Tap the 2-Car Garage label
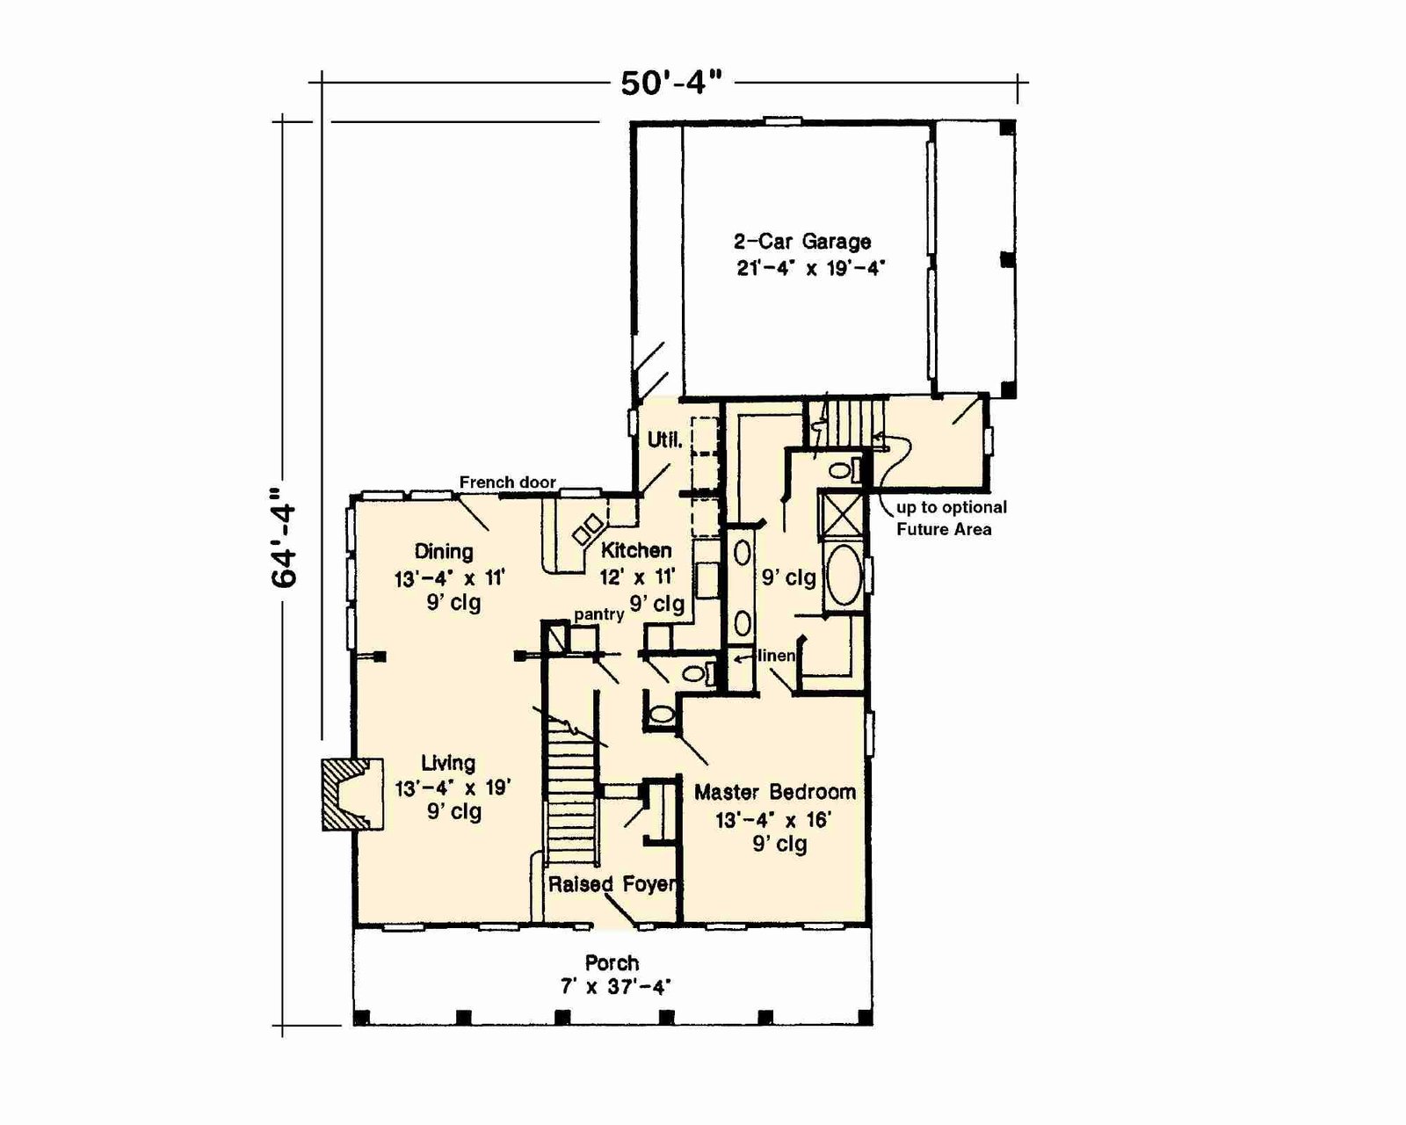pyautogui.click(x=802, y=242)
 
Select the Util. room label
pyautogui.click(x=665, y=440)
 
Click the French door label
pyautogui.click(x=508, y=483)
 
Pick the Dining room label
pyautogui.click(x=445, y=551)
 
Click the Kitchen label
pyautogui.click(x=635, y=550)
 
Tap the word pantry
pyautogui.click(x=599, y=615)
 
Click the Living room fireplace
pyautogui.click(x=352, y=795)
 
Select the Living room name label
pyautogui.click(x=448, y=762)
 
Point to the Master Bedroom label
pyautogui.click(x=775, y=792)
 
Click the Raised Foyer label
pyautogui.click(x=612, y=884)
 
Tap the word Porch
pyautogui.click(x=612, y=963)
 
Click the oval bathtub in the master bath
pyautogui.click(x=844, y=576)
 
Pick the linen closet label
pyautogui.click(x=777, y=655)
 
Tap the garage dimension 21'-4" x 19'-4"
pyautogui.click(x=811, y=268)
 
